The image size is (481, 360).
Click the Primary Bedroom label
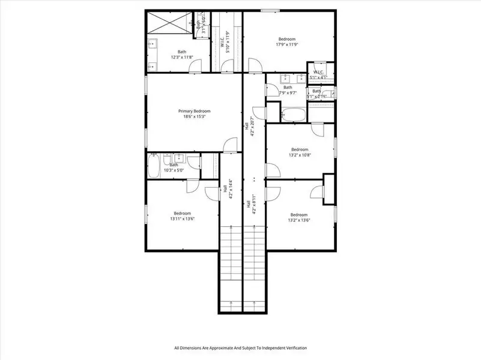(194, 111)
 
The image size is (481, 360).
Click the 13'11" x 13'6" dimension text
(182, 219)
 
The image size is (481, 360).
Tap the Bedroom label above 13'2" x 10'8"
(300, 149)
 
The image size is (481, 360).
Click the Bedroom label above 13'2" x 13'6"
(299, 215)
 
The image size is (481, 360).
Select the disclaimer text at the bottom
(240, 348)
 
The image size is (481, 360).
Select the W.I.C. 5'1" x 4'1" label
(318, 74)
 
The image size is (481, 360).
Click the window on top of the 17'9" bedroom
(270, 10)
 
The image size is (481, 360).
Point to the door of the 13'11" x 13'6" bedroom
(212, 192)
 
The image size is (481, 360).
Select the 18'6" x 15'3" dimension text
(194, 117)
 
